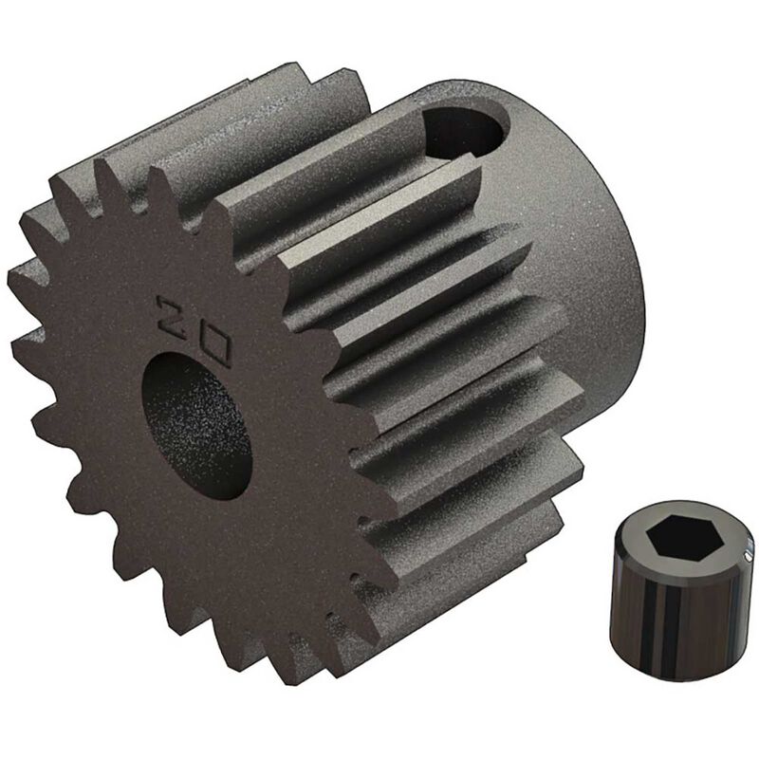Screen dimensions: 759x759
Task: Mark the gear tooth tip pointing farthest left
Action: [11, 278]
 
